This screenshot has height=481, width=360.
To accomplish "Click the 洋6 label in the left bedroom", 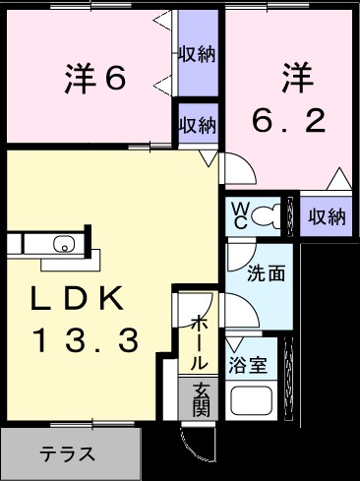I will click(x=96, y=78).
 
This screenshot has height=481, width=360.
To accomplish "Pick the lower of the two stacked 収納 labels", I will click(x=198, y=125).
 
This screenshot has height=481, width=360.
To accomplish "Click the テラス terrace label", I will click(x=68, y=454).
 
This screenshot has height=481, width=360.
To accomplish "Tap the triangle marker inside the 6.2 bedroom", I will click(x=339, y=178).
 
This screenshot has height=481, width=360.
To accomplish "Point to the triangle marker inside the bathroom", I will click(x=234, y=346).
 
